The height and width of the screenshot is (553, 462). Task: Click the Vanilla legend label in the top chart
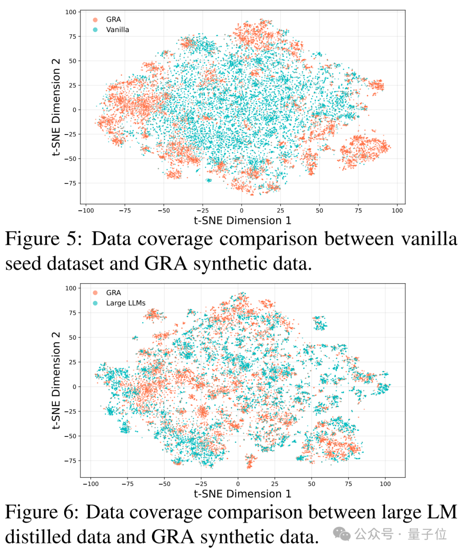pyautogui.click(x=117, y=30)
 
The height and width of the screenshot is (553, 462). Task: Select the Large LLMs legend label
pyautogui.click(x=125, y=303)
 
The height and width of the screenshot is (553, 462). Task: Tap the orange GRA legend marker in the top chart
pyautogui.click(x=95, y=20)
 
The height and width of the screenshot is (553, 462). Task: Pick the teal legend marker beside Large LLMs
pyautogui.click(x=95, y=303)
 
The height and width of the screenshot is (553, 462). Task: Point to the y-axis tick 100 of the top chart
pyautogui.click(x=71, y=12)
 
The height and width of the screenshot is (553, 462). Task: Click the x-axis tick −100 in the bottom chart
pyautogui.click(x=90, y=484)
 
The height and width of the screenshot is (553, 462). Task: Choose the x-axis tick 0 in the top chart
pyautogui.click(x=241, y=210)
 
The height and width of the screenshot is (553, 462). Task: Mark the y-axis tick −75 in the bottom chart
pyautogui.click(x=70, y=460)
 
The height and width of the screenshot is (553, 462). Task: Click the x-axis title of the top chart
pyautogui.click(x=242, y=221)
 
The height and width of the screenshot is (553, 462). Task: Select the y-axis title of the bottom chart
pyautogui.click(x=56, y=380)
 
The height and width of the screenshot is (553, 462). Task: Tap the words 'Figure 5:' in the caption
pyautogui.click(x=43, y=239)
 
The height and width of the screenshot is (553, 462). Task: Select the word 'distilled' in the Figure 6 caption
pyautogui.click(x=39, y=537)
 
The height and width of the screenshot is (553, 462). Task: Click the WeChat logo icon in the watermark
pyautogui.click(x=342, y=534)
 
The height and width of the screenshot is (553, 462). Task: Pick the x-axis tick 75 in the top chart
pyautogui.click(x=358, y=210)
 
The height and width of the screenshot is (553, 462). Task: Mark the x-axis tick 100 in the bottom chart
pyautogui.click(x=385, y=484)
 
